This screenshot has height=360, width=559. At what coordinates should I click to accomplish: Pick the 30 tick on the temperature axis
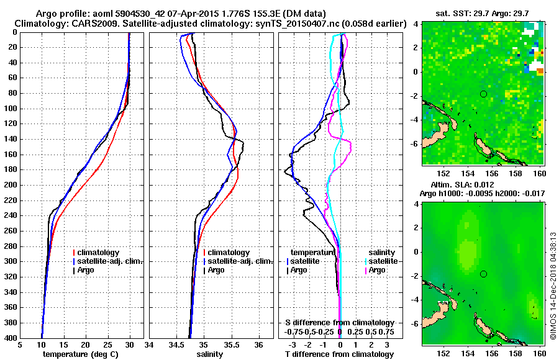[x=129, y=345]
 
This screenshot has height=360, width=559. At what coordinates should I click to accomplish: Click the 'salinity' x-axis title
[x=209, y=354]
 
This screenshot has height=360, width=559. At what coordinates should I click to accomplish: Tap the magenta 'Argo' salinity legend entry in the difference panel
[x=376, y=270]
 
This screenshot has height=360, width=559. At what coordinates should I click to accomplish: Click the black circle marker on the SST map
[x=483, y=94]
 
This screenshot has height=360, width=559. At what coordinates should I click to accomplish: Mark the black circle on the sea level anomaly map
[x=483, y=274]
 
